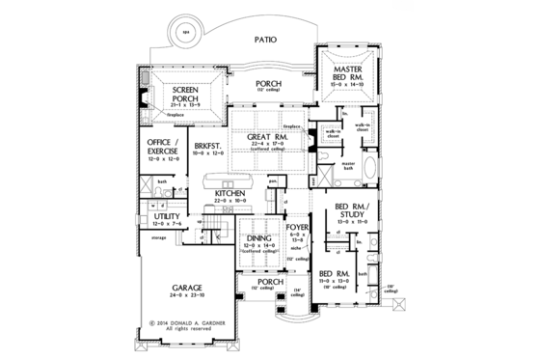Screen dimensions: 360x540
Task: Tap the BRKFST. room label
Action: click(206, 146)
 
